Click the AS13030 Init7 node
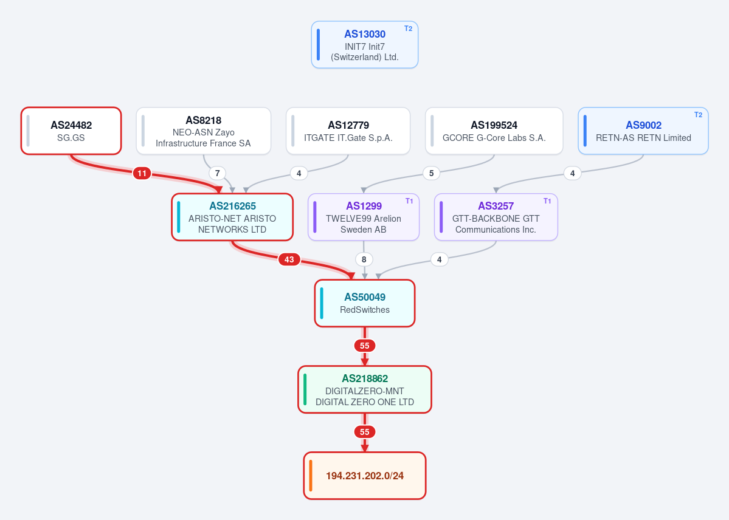365,44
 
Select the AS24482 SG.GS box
71,131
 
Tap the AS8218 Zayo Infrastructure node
204,131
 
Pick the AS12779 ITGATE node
348,131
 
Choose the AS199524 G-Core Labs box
494,131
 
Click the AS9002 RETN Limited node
643,131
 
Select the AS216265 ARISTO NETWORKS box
232,217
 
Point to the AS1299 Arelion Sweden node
364,217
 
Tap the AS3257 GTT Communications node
496,217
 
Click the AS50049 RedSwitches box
365,303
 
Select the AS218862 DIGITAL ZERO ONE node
365,389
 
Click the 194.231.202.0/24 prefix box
365,476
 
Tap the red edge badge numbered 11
142,173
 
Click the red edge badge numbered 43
289,259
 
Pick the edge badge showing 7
217,173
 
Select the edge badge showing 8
364,259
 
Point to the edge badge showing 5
432,173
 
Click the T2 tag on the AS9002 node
699,115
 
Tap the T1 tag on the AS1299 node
409,200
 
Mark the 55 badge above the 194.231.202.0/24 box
365,432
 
